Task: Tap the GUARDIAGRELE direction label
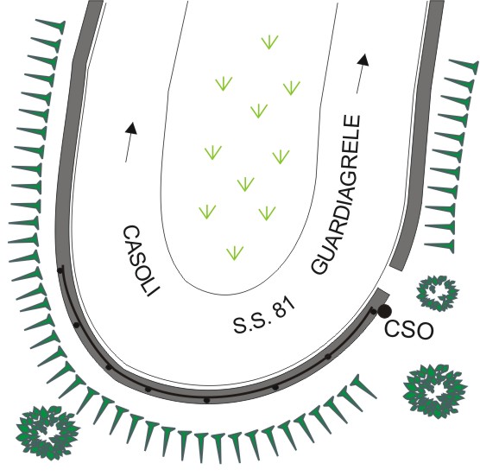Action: pyautogui.click(x=337, y=194)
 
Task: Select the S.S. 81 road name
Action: pyautogui.click(x=264, y=315)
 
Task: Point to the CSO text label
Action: pyautogui.click(x=408, y=330)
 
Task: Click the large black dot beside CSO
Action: pyautogui.click(x=384, y=311)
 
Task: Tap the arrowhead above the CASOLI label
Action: pyautogui.click(x=131, y=129)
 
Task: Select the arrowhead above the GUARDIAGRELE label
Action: pyautogui.click(x=363, y=60)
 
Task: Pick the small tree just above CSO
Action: pyautogui.click(x=438, y=293)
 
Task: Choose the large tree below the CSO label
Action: pyautogui.click(x=435, y=390)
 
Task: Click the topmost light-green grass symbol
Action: pyautogui.click(x=269, y=42)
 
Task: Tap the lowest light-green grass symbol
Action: pyautogui.click(x=235, y=253)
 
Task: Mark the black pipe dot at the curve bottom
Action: pyautogui.click(x=207, y=400)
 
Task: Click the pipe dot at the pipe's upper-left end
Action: pyautogui.click(x=60, y=270)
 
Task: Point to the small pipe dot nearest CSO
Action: pyautogui.click(x=373, y=312)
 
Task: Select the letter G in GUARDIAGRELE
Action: pyautogui.click(x=319, y=266)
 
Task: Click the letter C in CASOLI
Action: pyautogui.click(x=130, y=233)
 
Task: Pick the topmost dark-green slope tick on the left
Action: pyautogui.click(x=51, y=24)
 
